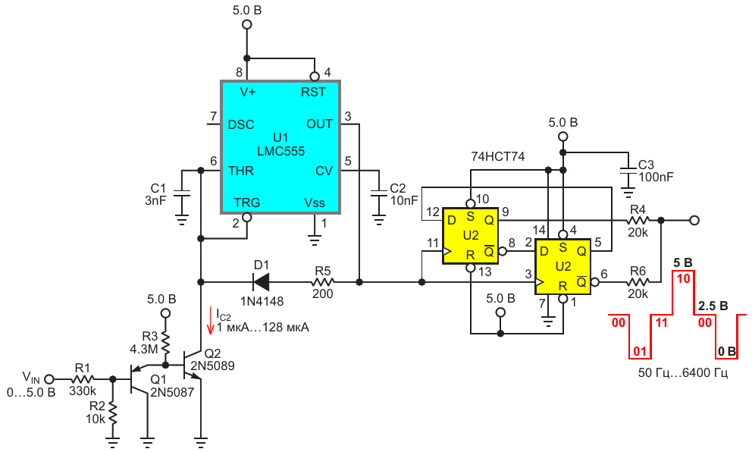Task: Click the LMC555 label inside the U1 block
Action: [x=280, y=151]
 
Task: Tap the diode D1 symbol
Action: [x=262, y=282]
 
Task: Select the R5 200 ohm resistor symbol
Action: [x=323, y=282]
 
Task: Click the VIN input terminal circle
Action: [x=49, y=378]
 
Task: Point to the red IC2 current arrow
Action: [x=210, y=321]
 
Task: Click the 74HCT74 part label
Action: [x=497, y=156]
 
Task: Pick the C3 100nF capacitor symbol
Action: [x=628, y=171]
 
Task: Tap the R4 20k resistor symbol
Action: [x=638, y=220]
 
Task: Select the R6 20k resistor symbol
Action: [x=638, y=282]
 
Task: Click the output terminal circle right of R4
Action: [x=694, y=220]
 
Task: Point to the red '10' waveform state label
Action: [x=683, y=278]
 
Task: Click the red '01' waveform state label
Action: [x=640, y=351]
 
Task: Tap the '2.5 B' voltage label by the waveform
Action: [x=713, y=306]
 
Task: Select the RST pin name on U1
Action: [x=313, y=92]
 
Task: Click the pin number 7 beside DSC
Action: [x=214, y=116]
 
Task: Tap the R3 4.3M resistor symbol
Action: [x=165, y=341]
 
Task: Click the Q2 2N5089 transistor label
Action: [x=212, y=360]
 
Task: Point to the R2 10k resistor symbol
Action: [x=113, y=413]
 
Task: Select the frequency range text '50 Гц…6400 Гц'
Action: [x=683, y=372]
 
